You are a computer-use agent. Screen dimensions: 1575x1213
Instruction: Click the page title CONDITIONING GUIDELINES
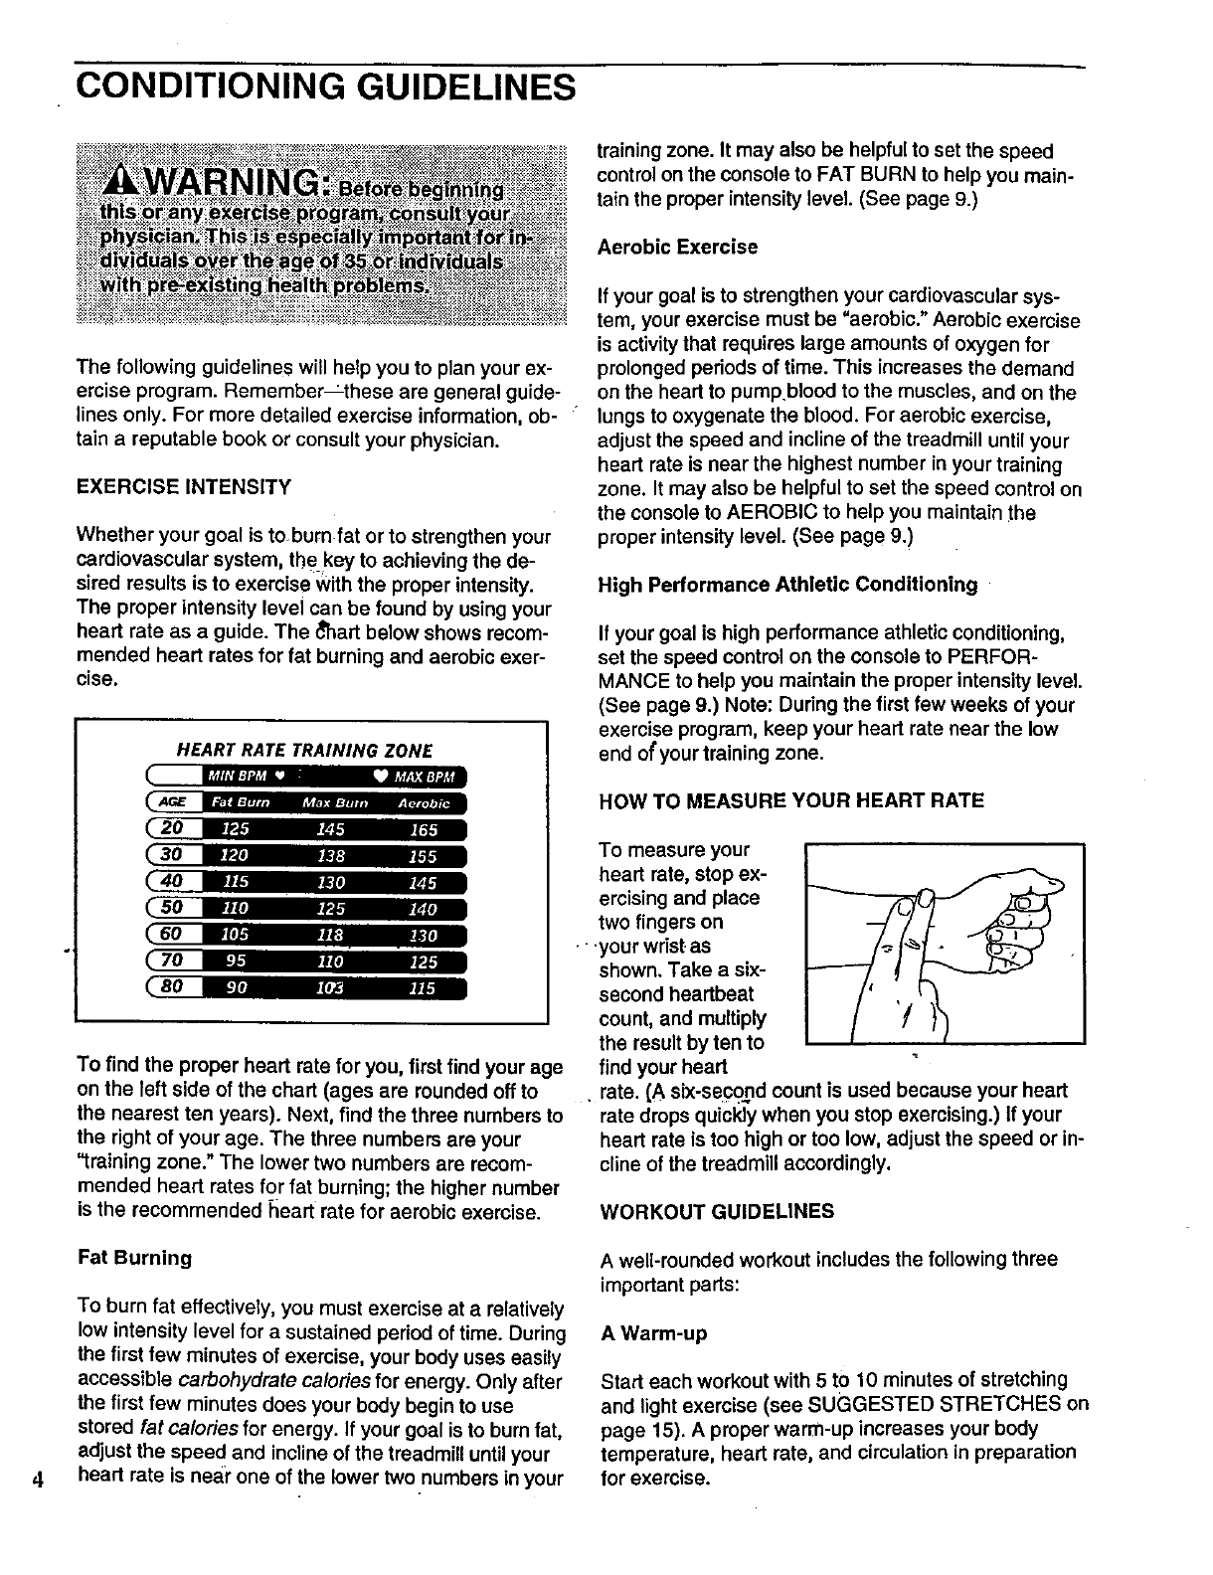click(325, 87)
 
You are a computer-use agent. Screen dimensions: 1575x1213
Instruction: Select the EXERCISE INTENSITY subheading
click(184, 487)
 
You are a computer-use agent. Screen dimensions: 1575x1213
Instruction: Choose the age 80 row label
click(174, 988)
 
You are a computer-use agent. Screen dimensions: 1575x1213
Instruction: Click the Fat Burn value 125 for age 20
click(236, 829)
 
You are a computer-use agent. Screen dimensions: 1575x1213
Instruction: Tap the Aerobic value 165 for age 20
click(423, 829)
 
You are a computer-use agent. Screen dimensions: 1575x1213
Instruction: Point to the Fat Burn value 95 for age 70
click(236, 962)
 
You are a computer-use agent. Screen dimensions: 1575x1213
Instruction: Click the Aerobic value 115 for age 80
click(423, 988)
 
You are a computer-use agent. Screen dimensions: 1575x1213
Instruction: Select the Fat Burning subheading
click(134, 1258)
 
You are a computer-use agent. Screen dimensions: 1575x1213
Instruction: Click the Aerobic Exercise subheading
click(677, 247)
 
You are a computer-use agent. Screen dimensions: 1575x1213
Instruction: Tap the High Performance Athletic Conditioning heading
click(787, 585)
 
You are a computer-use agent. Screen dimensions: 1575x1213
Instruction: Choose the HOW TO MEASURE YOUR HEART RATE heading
click(791, 800)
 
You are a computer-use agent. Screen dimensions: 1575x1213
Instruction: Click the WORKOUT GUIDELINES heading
click(717, 1211)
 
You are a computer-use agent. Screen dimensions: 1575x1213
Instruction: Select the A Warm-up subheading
click(653, 1332)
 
